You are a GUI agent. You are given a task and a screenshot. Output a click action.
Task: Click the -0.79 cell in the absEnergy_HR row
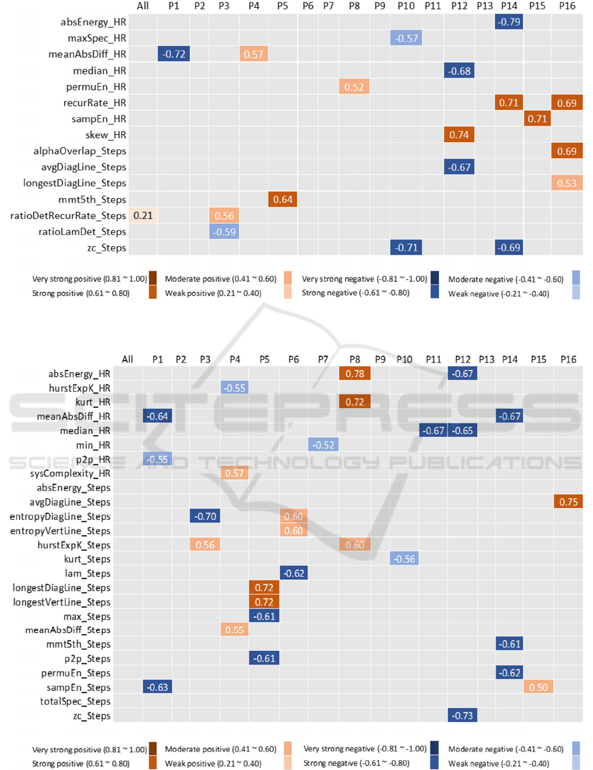509,22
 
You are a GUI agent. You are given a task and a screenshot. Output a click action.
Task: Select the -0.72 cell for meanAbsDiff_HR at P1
174,55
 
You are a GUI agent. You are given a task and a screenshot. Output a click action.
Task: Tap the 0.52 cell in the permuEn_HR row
355,87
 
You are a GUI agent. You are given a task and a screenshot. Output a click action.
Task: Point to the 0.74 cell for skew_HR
459,135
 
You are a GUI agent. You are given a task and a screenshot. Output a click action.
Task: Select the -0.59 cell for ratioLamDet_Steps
224,231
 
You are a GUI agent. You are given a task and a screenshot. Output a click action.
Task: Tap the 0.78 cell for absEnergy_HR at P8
355,374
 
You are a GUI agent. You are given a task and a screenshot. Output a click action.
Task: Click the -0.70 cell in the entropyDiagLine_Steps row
205,517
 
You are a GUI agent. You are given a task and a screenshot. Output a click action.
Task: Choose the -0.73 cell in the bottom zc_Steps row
463,716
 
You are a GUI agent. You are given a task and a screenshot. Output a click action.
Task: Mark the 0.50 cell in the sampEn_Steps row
538,687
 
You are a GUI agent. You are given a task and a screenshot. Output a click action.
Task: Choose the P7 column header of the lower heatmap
322,359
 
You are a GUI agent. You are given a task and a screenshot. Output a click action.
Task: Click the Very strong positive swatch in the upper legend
153,278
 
